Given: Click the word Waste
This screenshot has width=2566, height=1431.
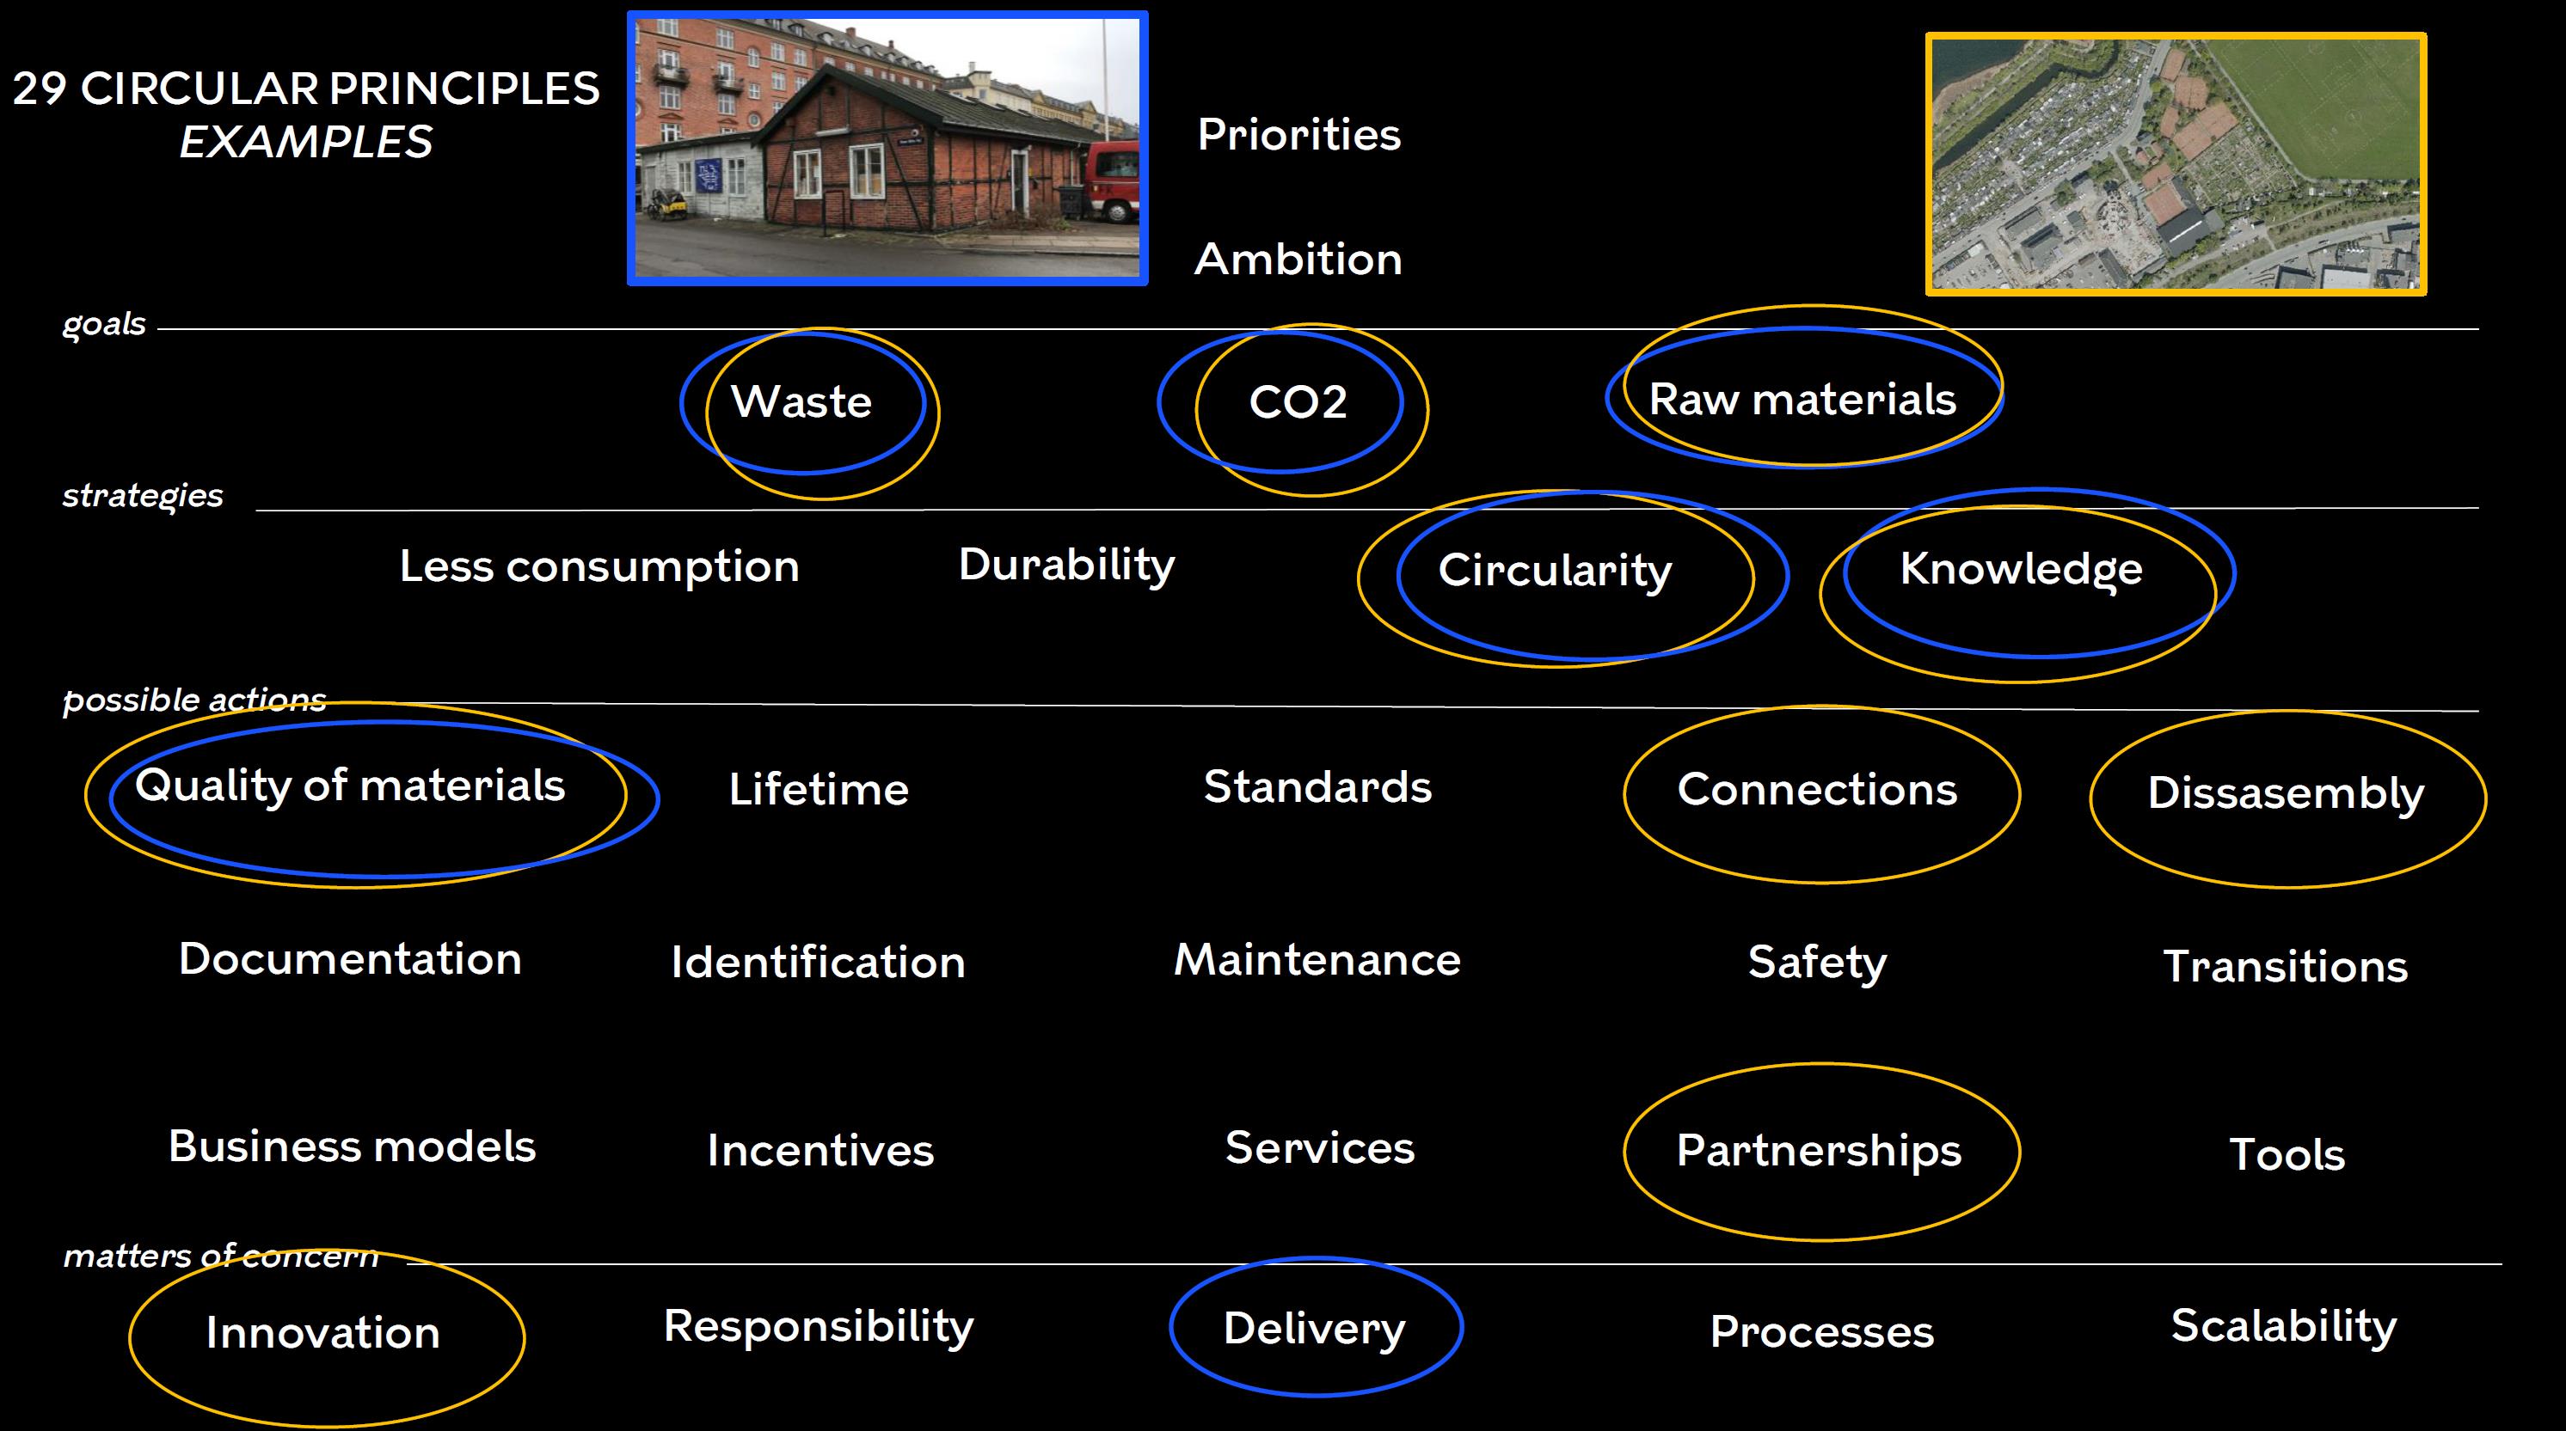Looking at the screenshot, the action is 801,401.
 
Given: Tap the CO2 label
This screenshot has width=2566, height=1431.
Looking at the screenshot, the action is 1298,402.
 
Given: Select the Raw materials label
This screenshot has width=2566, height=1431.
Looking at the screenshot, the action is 1802,400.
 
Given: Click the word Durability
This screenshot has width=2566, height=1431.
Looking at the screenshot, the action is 1065,566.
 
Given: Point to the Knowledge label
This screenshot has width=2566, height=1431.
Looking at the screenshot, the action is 2020,570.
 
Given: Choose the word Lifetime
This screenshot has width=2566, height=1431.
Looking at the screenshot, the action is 819,789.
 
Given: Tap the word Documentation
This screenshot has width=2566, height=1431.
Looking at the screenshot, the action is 350,959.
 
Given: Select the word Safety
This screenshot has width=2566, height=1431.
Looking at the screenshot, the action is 1817,963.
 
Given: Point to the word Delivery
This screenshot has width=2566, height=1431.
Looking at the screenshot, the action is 1314,1330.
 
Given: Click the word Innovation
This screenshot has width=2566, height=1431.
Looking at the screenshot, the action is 322,1332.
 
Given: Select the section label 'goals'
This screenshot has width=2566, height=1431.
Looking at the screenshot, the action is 103,325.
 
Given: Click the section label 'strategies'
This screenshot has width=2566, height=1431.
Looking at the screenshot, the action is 143,496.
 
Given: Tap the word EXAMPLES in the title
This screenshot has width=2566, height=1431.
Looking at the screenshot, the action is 306,142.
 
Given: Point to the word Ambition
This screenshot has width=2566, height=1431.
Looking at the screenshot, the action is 1298,259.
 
